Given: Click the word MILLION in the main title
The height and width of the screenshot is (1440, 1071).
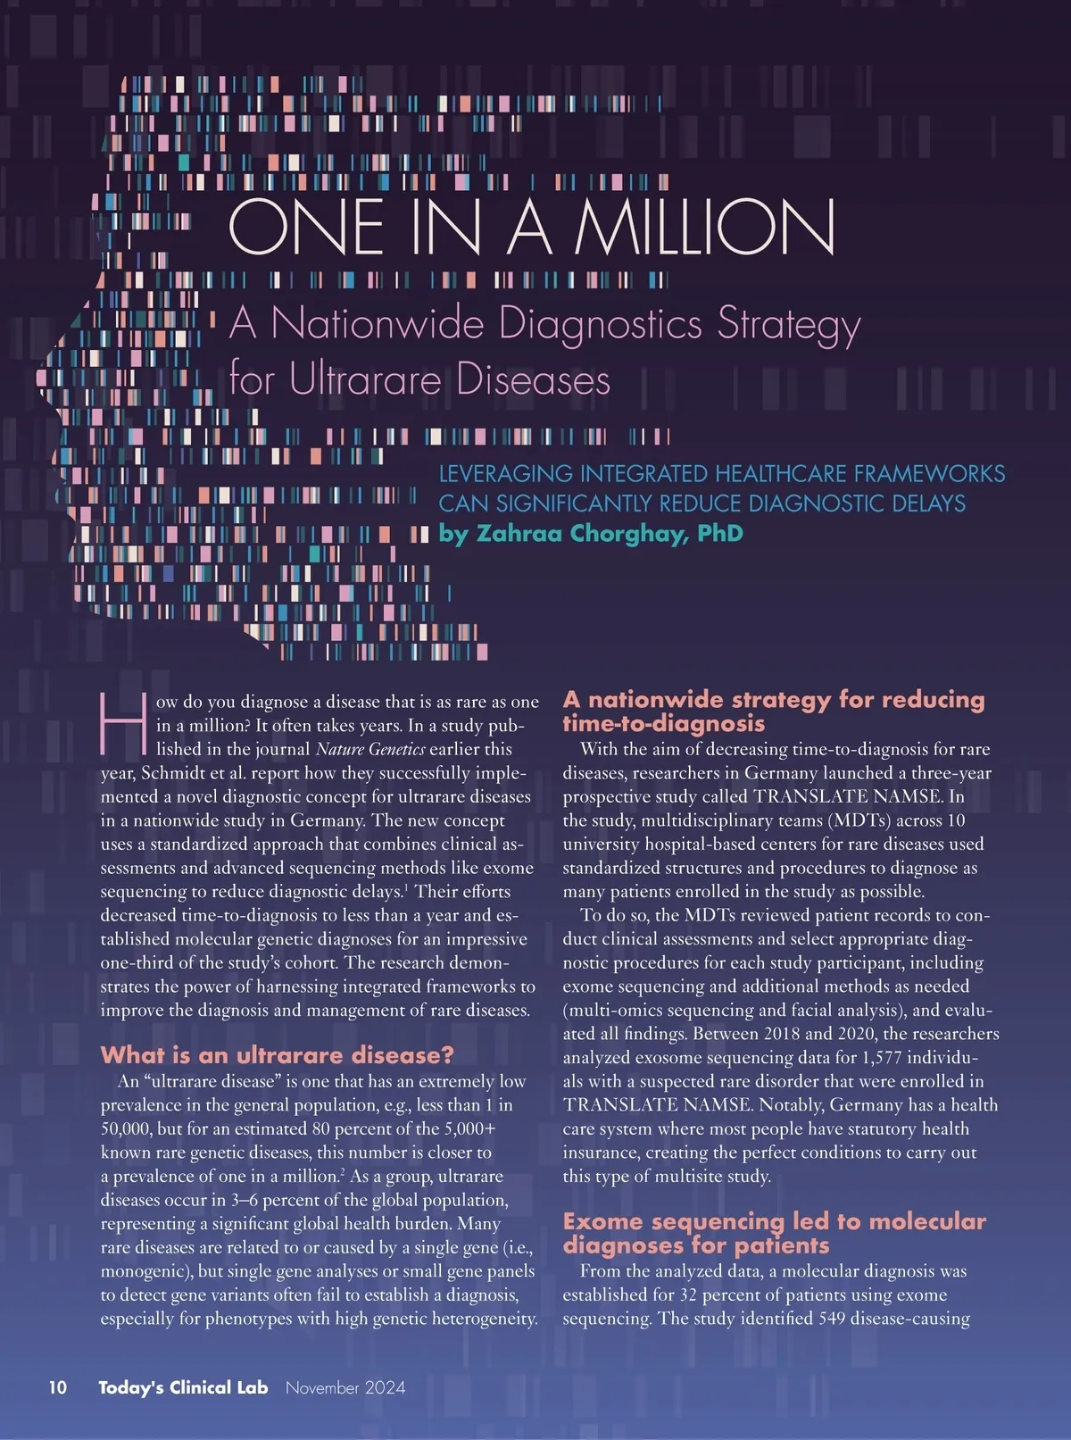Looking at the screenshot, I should click(705, 227).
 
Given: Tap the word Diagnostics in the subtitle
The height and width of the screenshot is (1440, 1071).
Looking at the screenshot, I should click(601, 324).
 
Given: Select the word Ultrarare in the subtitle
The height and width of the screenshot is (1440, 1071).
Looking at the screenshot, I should click(366, 380).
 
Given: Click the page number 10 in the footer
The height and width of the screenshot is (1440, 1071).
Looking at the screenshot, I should click(57, 1387).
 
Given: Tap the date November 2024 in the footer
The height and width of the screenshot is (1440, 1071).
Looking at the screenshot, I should click(345, 1387).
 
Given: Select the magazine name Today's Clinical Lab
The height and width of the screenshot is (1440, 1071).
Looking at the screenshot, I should click(183, 1387).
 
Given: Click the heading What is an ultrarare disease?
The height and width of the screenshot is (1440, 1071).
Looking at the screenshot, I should click(277, 1055).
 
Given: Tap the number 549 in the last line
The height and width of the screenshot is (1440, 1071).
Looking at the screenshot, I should click(834, 1319).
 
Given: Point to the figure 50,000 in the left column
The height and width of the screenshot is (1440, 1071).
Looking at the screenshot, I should click(129, 1128).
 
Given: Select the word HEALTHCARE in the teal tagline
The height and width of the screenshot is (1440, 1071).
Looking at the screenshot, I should click(781, 474).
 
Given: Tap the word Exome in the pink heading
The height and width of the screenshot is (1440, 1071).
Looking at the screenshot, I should click(602, 1221).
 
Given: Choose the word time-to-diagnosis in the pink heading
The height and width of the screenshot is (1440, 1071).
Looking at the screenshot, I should click(663, 723).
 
